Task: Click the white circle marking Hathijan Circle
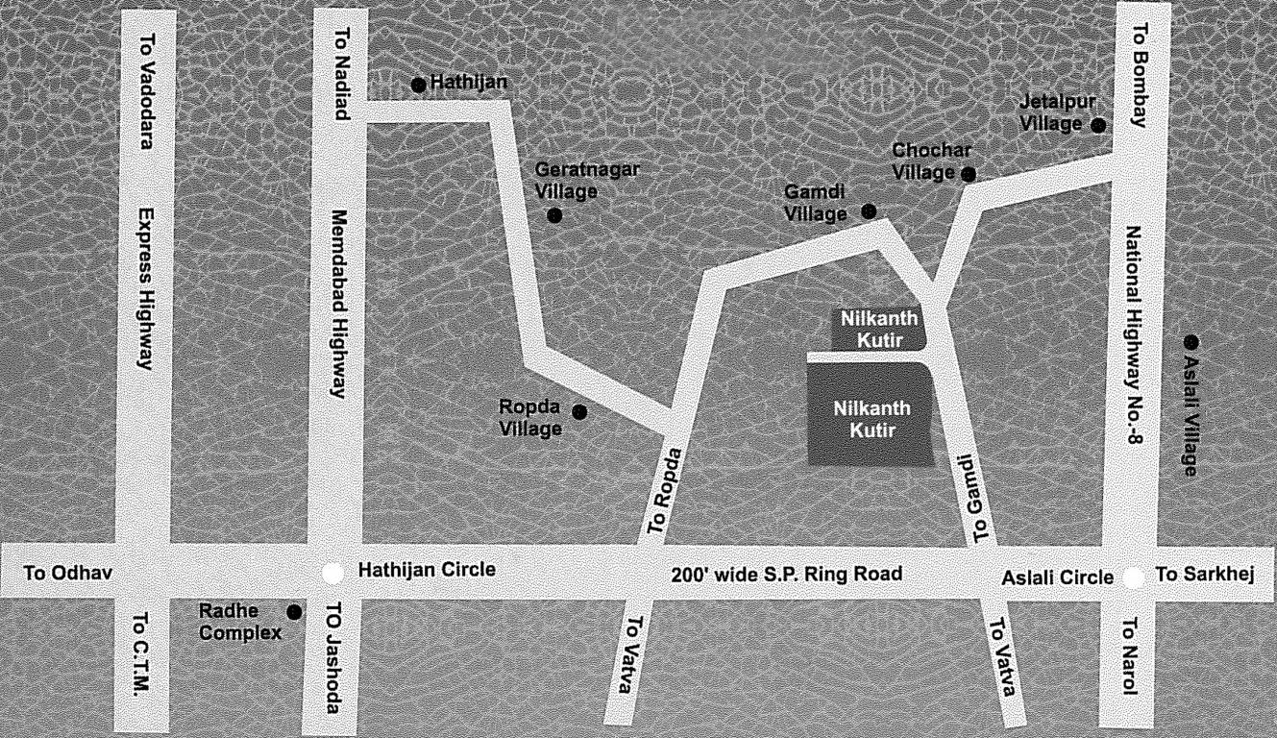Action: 332,573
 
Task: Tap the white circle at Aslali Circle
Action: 1134,578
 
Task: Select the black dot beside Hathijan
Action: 418,86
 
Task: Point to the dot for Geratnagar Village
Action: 554,215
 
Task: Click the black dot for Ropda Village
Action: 579,412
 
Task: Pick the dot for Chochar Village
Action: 969,174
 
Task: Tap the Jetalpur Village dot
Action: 1097,125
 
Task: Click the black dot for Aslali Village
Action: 1191,342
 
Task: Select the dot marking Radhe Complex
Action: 294,611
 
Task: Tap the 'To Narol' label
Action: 1130,658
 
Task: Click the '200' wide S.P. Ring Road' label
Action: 786,575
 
